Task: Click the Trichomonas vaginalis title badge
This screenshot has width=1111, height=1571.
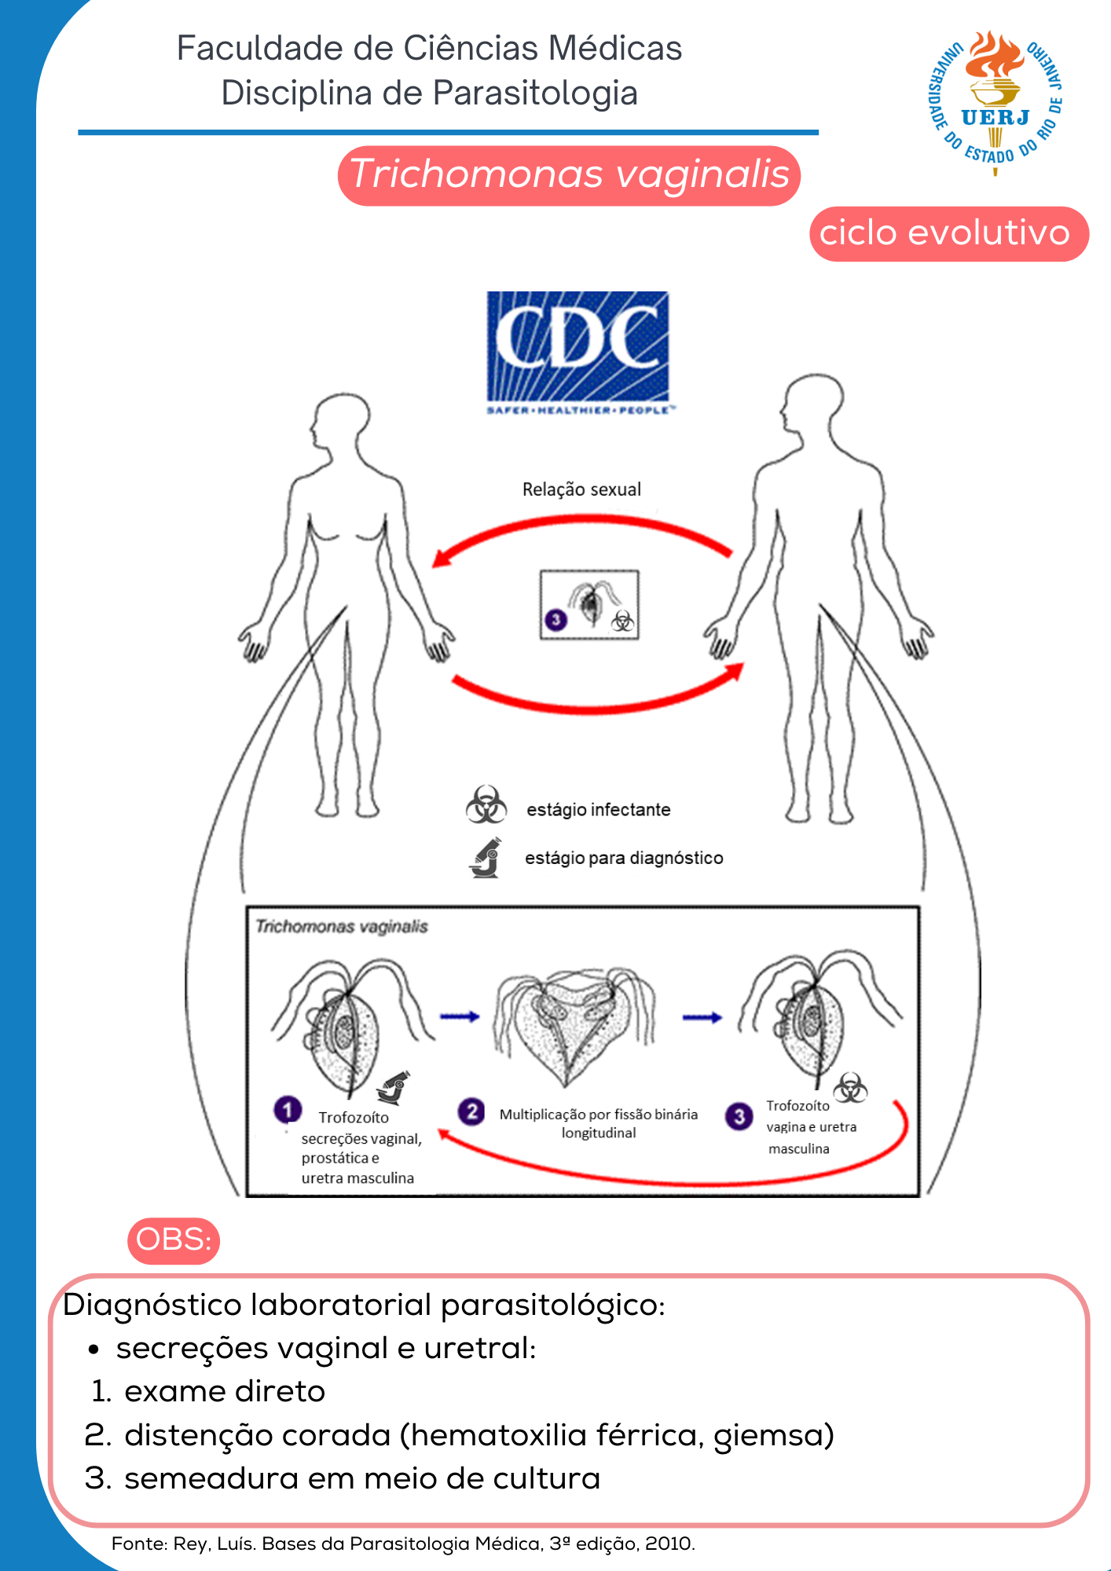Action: [x=569, y=175]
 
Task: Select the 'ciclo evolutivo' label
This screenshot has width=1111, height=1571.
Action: [x=948, y=233]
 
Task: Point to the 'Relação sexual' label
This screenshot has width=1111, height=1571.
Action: [x=581, y=489]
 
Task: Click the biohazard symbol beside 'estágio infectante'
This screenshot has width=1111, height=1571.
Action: [x=486, y=804]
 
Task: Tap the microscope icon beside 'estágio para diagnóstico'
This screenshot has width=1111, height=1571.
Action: [x=486, y=857]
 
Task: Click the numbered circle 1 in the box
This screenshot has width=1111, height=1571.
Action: [x=288, y=1109]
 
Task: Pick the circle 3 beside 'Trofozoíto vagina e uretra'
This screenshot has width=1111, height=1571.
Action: [x=739, y=1116]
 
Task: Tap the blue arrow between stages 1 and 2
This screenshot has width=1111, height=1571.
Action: [x=460, y=1016]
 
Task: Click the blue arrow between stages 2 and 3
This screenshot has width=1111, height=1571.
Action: [x=702, y=1017]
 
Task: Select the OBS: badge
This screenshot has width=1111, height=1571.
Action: [x=174, y=1240]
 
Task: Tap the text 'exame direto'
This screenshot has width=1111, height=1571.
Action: [x=225, y=1391]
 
